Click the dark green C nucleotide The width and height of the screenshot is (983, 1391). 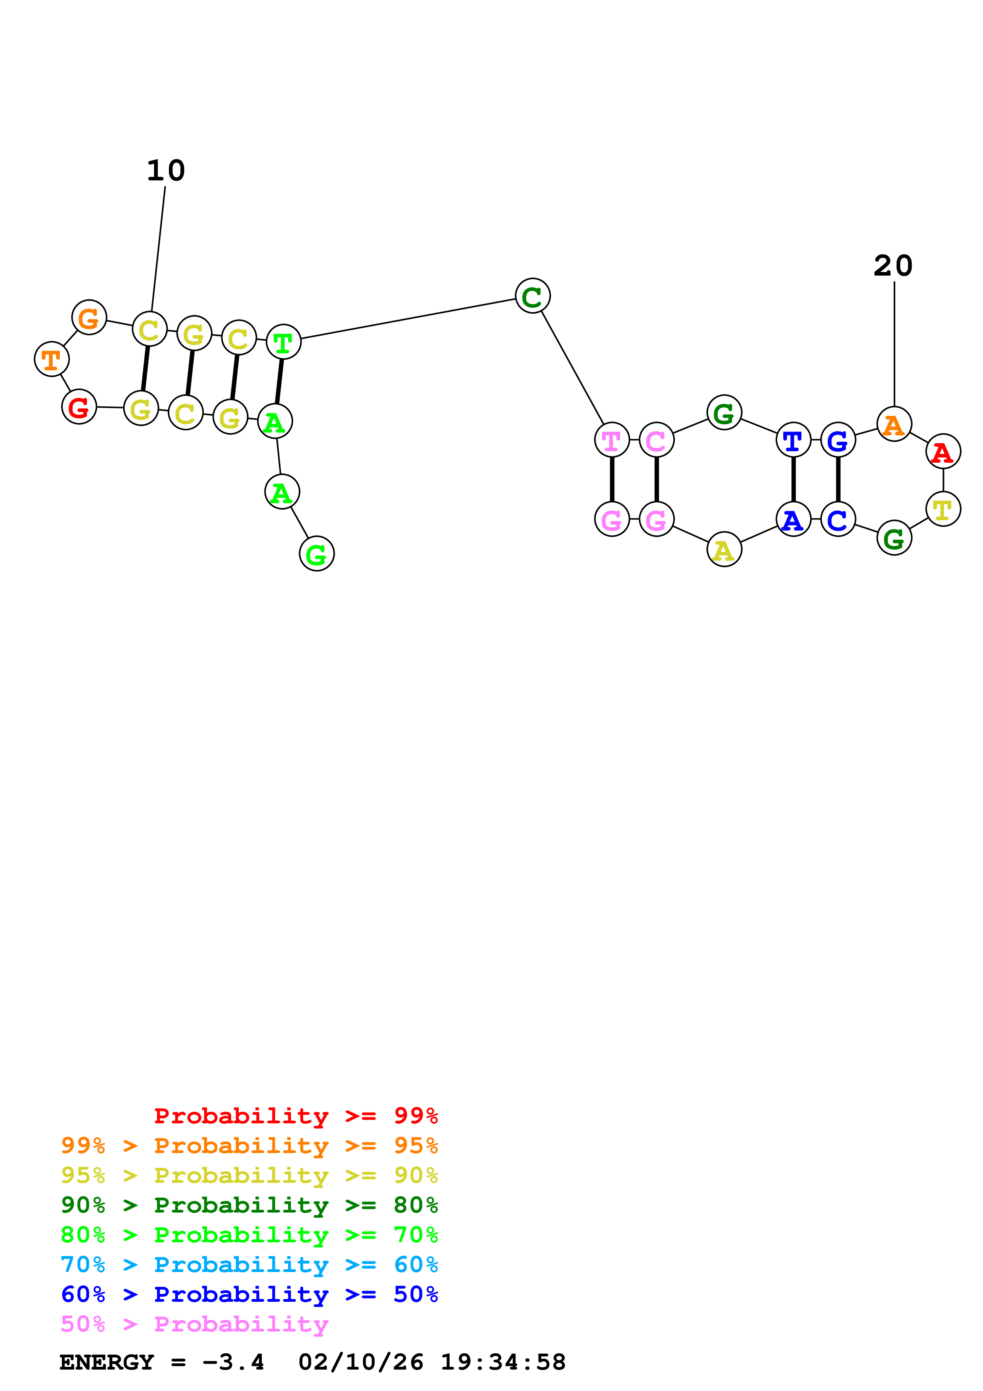point(533,296)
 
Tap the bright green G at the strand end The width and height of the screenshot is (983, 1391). point(316,554)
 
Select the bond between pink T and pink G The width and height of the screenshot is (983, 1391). point(612,479)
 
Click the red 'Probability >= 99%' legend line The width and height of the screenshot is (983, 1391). point(295,1115)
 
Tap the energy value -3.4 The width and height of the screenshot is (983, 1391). point(233,1362)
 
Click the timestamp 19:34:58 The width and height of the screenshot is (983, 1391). point(503,1362)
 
